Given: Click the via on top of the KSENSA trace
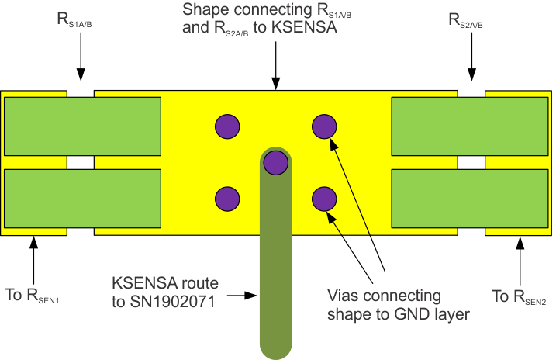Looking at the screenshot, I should [x=275, y=163].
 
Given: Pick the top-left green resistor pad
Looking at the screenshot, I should [x=82, y=126].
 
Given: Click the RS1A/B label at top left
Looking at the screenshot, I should [x=81, y=22].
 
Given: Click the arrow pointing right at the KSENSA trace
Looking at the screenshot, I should [x=248, y=295].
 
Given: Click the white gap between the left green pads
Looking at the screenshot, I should [x=81, y=163].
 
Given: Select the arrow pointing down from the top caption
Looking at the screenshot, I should [x=275, y=70].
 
